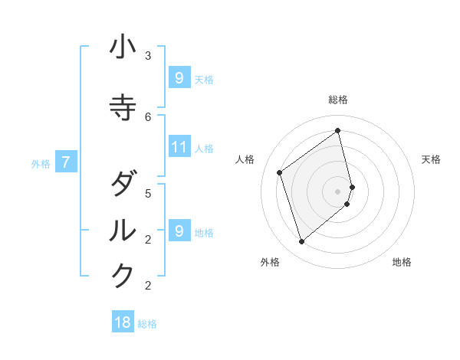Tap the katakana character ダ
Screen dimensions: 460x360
click(123, 185)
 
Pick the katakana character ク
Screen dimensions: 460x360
click(123, 276)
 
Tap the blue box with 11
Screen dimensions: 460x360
click(179, 147)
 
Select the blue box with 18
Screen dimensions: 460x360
click(123, 322)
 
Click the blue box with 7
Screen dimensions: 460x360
click(66, 162)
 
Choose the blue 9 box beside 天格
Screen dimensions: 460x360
click(179, 78)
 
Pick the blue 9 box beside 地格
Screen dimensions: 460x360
click(179, 231)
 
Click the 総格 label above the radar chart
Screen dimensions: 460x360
click(338, 100)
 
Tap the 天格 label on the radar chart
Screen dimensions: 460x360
click(432, 159)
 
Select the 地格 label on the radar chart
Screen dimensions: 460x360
click(402, 262)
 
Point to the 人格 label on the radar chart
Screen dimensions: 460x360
click(245, 159)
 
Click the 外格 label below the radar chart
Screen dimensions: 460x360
click(270, 262)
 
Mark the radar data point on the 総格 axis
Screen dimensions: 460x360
click(338, 130)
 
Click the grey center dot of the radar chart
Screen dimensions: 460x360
click(338, 191)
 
